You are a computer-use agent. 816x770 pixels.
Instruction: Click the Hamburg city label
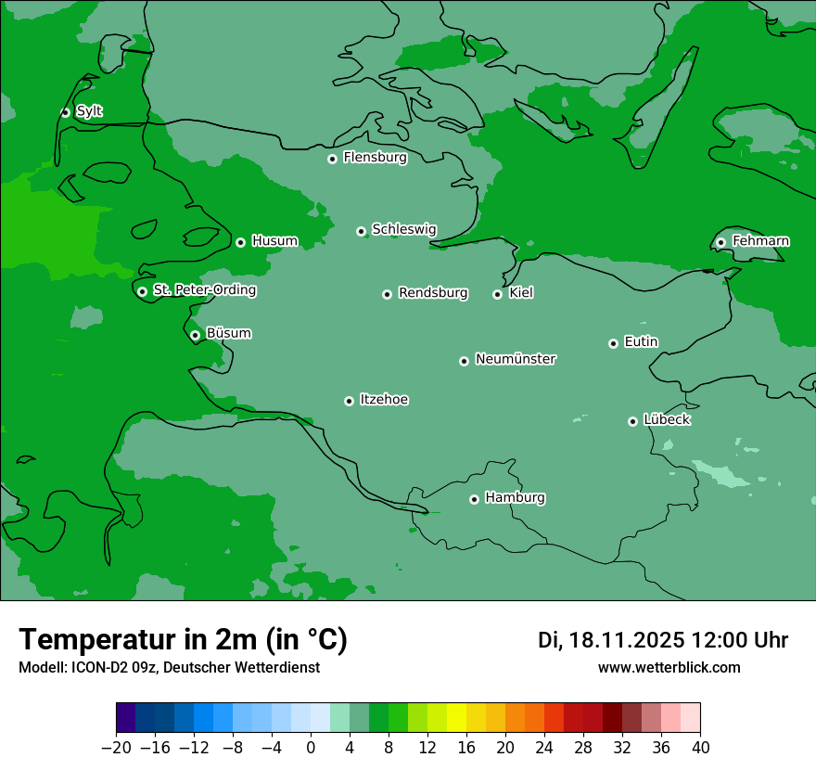coord(515,497)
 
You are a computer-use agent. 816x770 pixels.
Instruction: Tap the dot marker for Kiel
coord(497,294)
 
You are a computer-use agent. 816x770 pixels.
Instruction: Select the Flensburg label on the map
coord(375,157)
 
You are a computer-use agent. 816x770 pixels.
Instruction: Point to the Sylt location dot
coord(65,112)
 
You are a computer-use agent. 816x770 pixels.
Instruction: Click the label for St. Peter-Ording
coord(204,289)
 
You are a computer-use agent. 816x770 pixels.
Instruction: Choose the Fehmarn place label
coord(760,241)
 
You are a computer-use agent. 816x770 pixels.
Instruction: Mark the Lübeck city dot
coord(632,421)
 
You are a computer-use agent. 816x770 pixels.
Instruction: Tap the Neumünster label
coord(515,358)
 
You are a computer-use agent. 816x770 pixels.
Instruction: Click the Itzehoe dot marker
coord(349,401)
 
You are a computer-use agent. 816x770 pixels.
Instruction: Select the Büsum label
coord(228,333)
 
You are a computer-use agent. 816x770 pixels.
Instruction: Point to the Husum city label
coord(274,240)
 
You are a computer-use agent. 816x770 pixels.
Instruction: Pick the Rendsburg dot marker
coord(387,294)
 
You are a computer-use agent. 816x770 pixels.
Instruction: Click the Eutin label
coord(641,341)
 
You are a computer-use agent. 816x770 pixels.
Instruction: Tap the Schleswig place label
coord(403,228)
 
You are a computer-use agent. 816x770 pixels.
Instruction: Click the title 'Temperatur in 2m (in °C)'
coord(183,639)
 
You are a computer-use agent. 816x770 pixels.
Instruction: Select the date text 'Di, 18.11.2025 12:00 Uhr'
coord(663,640)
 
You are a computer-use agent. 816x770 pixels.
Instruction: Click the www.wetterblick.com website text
coord(669,667)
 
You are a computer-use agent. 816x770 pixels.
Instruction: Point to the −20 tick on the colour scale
coord(116,748)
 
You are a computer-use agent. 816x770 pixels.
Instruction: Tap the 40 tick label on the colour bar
coord(700,748)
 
